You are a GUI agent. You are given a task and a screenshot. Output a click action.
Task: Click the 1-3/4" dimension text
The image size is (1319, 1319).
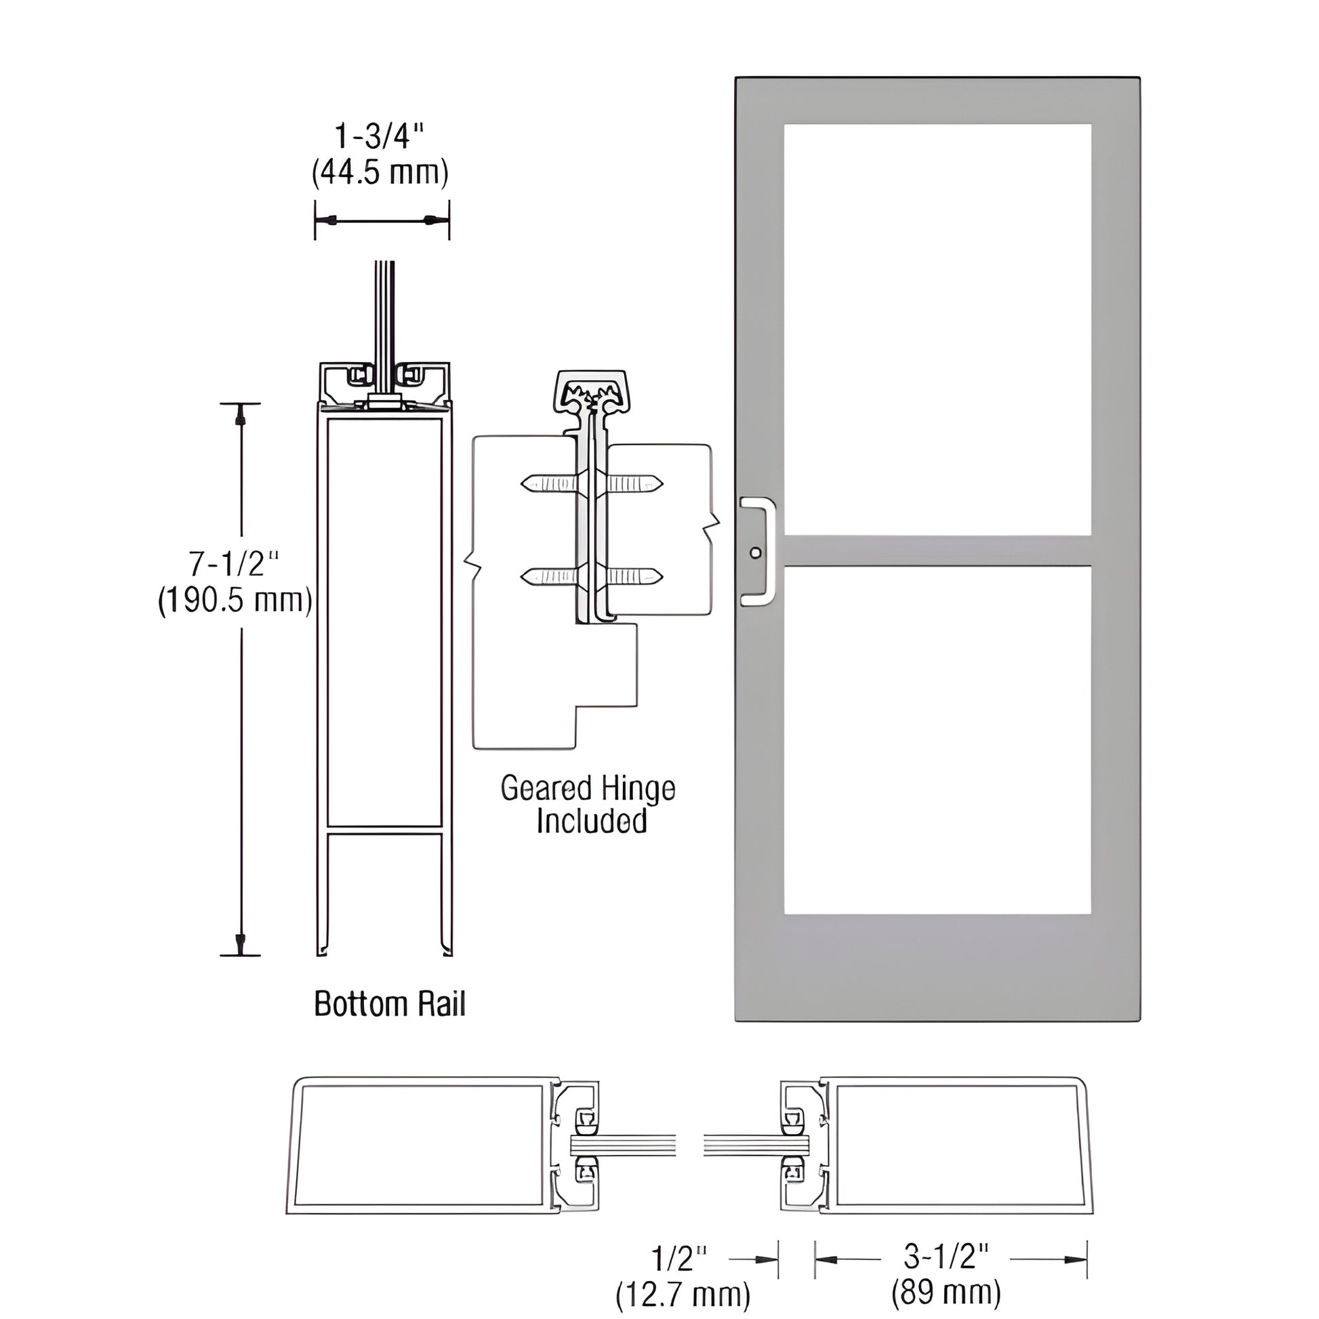(x=380, y=137)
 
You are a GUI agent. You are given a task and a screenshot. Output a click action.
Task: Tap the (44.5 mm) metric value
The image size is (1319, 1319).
(x=380, y=174)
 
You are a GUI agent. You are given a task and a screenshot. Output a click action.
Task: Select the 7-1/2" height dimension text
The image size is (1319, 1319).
(x=233, y=564)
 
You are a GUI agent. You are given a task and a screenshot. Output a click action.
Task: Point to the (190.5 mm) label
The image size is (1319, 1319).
(x=235, y=601)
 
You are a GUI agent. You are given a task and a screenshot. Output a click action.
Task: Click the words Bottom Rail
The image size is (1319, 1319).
(x=389, y=1004)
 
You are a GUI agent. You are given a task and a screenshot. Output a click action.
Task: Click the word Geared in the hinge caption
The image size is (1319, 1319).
(x=546, y=788)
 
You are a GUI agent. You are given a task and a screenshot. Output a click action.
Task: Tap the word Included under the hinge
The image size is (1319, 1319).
(x=591, y=821)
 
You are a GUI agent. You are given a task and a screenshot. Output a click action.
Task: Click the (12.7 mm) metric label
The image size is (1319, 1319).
(x=683, y=1294)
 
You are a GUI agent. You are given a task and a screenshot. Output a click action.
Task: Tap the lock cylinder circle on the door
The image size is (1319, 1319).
(x=754, y=552)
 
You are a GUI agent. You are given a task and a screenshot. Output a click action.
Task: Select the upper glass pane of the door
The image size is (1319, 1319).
(x=937, y=329)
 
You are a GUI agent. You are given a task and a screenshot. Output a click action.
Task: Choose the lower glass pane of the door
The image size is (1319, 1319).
(x=937, y=740)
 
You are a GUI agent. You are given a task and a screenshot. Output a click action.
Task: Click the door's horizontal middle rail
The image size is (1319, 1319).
(x=937, y=551)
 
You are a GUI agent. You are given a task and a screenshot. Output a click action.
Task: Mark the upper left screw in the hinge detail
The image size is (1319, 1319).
(x=550, y=485)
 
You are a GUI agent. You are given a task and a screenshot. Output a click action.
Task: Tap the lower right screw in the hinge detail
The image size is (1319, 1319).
(x=634, y=577)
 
